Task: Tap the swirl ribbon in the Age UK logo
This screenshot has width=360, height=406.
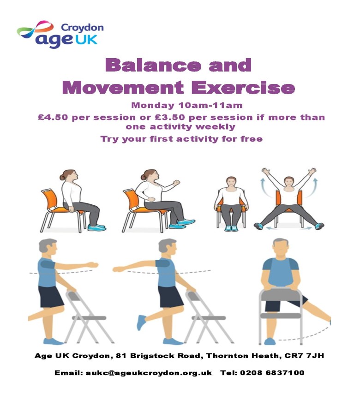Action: [x=35, y=29]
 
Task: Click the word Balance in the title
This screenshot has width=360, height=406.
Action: [x=153, y=65]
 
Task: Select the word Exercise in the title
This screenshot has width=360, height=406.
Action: [x=243, y=88]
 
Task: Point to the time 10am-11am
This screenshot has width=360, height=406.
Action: [x=210, y=105]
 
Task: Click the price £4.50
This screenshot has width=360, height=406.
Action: [x=53, y=117]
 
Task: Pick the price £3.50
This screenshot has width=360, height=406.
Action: [x=170, y=117]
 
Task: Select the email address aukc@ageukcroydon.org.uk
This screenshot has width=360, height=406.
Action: [x=149, y=373]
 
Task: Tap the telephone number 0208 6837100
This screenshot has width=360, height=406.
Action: [x=272, y=373]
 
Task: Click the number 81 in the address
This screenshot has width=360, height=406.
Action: [x=121, y=356]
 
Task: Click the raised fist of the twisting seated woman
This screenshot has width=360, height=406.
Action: [x=176, y=183]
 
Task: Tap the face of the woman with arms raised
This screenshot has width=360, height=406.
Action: [x=289, y=183]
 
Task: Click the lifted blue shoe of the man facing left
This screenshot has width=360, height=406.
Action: [x=141, y=322]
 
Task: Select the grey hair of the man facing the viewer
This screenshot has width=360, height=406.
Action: [x=281, y=242]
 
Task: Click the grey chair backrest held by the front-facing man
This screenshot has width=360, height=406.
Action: [x=281, y=295]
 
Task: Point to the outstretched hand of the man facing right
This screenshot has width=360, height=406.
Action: [x=92, y=265]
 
